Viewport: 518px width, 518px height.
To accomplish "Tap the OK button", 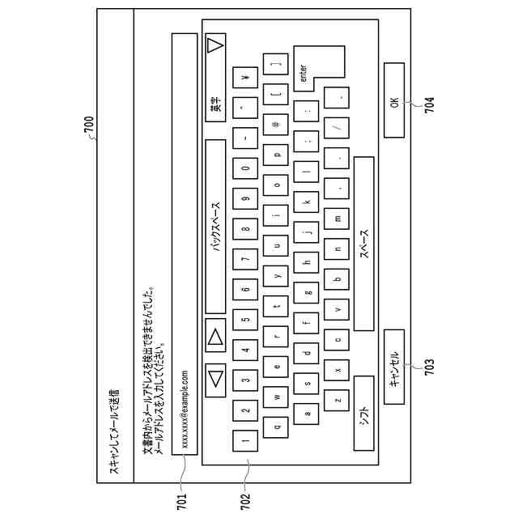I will tap(394, 102).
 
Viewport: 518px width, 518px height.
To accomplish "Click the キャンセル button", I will tap(394, 369).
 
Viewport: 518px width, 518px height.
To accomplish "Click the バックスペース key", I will tap(215, 226).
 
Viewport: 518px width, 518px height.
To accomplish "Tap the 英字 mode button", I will tap(215, 104).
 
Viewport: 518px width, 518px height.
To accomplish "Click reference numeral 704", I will tap(430, 104).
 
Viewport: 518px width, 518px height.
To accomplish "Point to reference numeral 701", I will tap(180, 501).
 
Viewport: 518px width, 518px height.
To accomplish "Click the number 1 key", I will tap(245, 440).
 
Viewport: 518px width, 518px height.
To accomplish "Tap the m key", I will tap(338, 218).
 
